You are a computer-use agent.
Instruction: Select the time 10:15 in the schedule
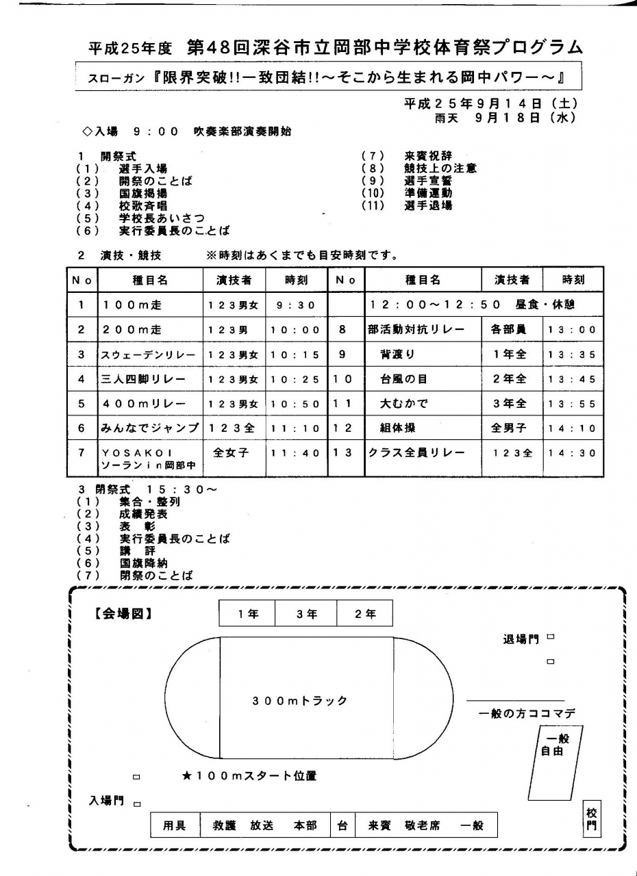pyautogui.click(x=295, y=355)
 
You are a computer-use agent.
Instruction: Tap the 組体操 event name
pyautogui.click(x=398, y=428)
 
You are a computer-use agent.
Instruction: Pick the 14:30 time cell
pyautogui.click(x=573, y=453)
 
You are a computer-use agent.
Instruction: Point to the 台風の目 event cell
pyautogui.click(x=403, y=379)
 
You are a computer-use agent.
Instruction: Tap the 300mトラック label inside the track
pyautogui.click(x=300, y=701)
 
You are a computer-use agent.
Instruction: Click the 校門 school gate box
pyautogui.click(x=592, y=819)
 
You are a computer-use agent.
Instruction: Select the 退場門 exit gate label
pyautogui.click(x=521, y=639)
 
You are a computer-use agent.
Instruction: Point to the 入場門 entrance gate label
pyautogui.click(x=107, y=800)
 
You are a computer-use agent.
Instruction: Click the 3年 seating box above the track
pyautogui.click(x=306, y=614)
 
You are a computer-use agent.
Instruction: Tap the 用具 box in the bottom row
pyautogui.click(x=174, y=826)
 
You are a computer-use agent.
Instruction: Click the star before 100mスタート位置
pyautogui.click(x=186, y=776)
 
